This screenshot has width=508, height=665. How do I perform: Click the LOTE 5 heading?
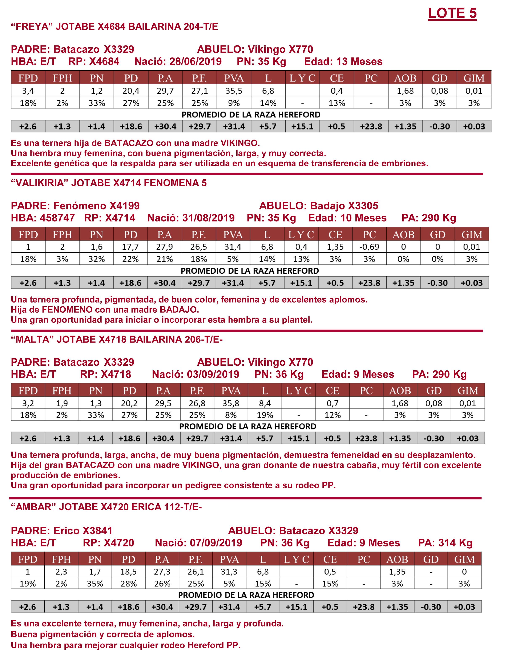click(x=452, y=13)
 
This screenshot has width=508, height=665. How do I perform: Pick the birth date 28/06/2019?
click(x=195, y=62)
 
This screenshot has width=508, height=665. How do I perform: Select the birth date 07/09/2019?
click(x=216, y=543)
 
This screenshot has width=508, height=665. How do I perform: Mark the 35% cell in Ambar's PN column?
click(x=95, y=584)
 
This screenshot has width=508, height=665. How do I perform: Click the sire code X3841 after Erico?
click(x=97, y=531)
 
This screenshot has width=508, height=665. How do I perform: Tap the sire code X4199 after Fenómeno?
click(x=124, y=206)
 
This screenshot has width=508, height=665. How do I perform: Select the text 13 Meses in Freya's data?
click(x=359, y=62)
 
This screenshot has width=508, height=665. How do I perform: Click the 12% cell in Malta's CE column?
click(x=332, y=415)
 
